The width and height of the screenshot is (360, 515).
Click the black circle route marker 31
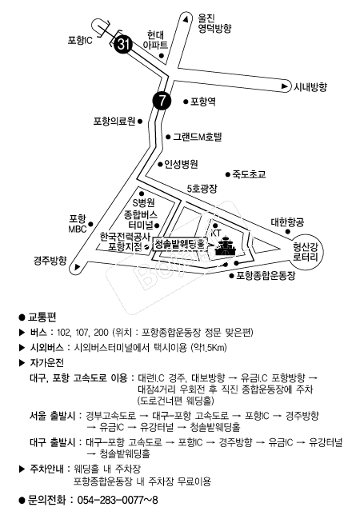[x=123, y=43]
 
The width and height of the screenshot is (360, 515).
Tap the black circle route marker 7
[x=162, y=101]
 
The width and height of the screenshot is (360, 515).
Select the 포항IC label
[x=80, y=41]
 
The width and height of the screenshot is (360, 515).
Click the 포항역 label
[x=203, y=102]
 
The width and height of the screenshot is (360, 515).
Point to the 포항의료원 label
[x=114, y=122]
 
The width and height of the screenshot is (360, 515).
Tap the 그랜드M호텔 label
[x=198, y=137]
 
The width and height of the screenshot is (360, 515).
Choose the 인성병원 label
[x=181, y=164]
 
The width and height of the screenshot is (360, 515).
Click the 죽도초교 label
[x=249, y=174]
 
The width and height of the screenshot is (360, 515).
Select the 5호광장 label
[x=202, y=189]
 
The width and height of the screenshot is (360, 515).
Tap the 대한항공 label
[x=287, y=222]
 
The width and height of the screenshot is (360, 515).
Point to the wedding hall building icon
[x=226, y=246]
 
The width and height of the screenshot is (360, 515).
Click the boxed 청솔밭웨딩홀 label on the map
[x=180, y=244]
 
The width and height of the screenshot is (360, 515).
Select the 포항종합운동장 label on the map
[x=266, y=275]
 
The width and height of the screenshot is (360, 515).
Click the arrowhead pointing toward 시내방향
[x=285, y=86]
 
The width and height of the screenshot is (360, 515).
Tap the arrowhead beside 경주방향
[x=77, y=267]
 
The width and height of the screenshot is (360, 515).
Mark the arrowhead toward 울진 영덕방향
[x=186, y=19]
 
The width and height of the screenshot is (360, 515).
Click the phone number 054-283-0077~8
[x=118, y=501]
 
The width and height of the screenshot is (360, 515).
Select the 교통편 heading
[x=42, y=317]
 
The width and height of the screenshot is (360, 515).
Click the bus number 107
[x=82, y=333]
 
